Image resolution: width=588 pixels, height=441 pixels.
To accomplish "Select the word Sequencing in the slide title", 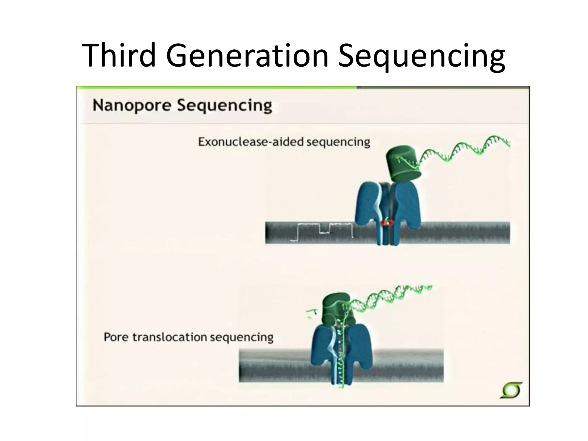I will coord(421,56).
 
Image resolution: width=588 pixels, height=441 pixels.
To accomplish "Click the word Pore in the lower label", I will coord(115,337).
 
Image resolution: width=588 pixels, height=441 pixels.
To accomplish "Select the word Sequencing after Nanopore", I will coord(224,106).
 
